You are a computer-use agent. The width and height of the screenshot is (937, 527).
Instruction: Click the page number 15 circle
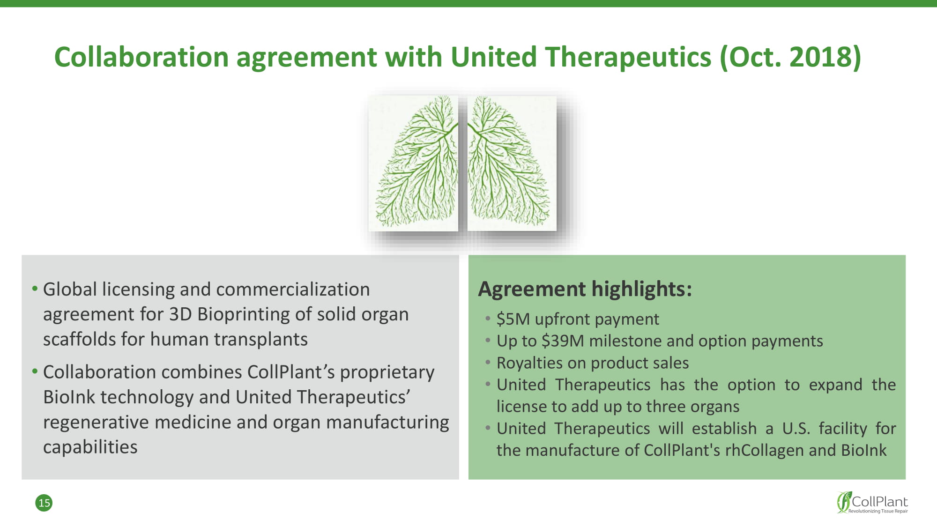44,503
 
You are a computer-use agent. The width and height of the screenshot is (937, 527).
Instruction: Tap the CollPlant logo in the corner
872,503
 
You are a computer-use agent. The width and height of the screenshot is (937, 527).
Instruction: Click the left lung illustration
413,163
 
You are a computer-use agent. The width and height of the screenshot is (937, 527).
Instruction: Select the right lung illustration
512,163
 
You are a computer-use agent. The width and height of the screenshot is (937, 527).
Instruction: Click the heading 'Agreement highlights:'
585,289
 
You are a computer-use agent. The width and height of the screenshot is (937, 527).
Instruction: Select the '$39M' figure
563,341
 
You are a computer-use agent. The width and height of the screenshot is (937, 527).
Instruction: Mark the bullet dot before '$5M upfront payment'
488,318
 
